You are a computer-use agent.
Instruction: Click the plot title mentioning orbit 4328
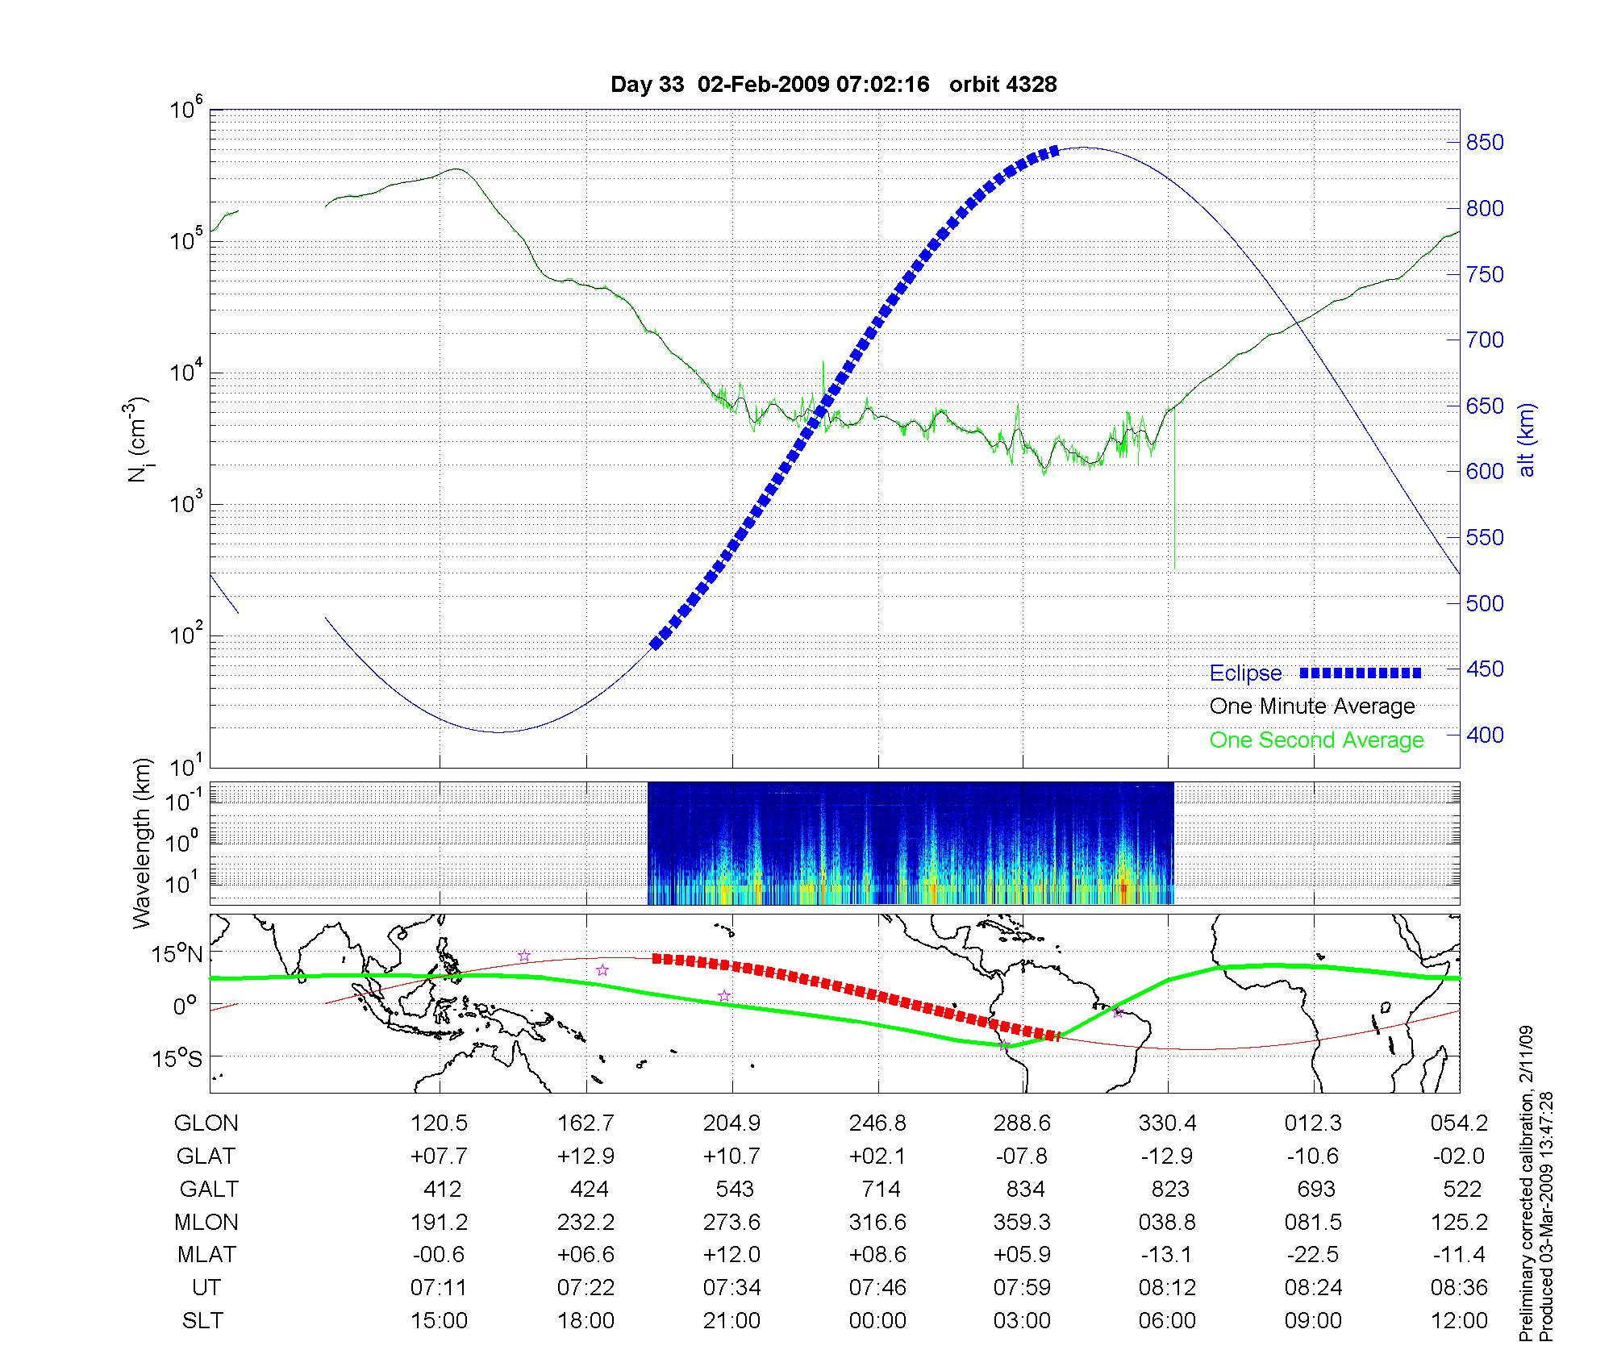tap(833, 85)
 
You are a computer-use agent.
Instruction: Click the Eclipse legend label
tap(1245, 673)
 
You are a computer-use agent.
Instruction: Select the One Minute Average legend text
tap(1312, 706)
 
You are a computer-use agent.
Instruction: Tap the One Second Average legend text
tap(1316, 740)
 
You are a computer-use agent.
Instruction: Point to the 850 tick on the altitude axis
tap(1485, 143)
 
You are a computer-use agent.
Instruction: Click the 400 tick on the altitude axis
tap(1485, 735)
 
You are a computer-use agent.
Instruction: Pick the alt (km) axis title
tap(1527, 440)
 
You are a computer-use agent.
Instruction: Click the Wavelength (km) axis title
tap(142, 844)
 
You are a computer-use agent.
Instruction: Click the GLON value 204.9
tap(731, 1123)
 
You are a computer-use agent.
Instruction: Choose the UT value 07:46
tap(877, 1288)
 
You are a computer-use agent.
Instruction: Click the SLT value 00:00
tap(877, 1321)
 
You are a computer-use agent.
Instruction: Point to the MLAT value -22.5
tap(1313, 1255)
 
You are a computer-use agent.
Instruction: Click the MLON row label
tap(206, 1222)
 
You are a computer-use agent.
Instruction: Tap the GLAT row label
tap(206, 1156)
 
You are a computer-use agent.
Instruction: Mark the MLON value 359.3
tap(1023, 1222)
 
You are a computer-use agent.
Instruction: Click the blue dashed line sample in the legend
tap(1360, 673)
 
